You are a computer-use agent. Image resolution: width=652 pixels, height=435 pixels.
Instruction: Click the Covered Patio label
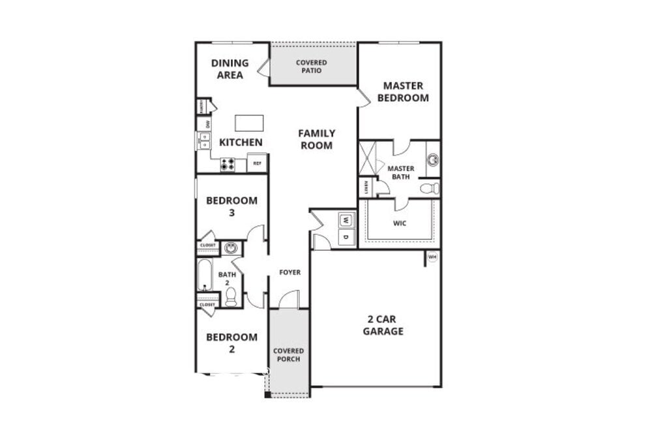pos(312,67)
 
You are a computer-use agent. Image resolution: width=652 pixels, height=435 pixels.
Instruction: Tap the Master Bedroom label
pos(402,91)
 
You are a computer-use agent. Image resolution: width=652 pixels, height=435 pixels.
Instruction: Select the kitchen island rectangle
pos(249,123)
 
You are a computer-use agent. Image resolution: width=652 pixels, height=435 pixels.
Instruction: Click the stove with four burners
pos(228,165)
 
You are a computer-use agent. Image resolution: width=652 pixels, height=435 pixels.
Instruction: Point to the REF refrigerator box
pos(257,163)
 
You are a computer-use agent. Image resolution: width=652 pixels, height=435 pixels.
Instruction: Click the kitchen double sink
pos(205,140)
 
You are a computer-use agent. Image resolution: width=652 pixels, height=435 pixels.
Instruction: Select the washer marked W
pos(346,220)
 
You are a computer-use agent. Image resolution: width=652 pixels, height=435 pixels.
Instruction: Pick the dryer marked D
pos(346,237)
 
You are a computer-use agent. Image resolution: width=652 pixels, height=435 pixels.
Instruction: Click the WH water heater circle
pos(432,257)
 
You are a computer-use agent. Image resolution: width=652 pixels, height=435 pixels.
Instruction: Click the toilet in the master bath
pos(430,189)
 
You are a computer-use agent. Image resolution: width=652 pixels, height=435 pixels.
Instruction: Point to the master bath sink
pos(432,159)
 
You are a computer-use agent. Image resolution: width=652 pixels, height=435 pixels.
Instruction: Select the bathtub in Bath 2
pos(205,275)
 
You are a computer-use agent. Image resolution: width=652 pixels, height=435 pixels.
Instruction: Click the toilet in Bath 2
pos(230,297)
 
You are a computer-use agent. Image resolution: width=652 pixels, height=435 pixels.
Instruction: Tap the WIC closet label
pos(400,223)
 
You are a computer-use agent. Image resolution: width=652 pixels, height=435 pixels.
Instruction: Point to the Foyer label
pos(289,272)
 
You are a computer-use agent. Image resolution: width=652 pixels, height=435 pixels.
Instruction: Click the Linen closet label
pos(366,188)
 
